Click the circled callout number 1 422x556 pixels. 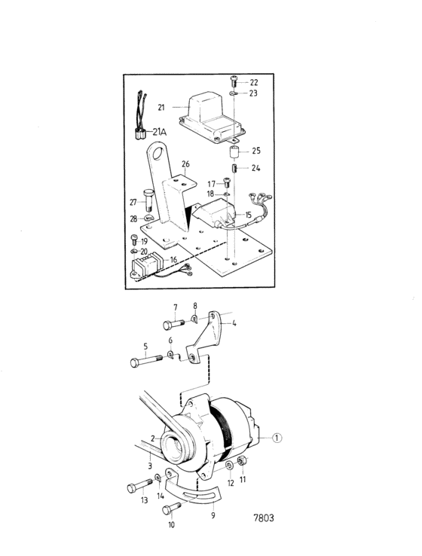click(x=277, y=438)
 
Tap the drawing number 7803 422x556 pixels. click(x=264, y=518)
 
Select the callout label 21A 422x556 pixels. click(x=160, y=132)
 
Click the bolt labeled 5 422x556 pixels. click(x=146, y=361)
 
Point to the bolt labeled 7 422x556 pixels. click(x=173, y=324)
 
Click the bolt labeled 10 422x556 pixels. click(x=172, y=508)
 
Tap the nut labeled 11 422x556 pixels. click(x=242, y=461)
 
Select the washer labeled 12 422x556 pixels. click(x=230, y=466)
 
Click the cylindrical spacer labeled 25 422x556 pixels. click(x=233, y=152)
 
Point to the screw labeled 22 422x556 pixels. click(x=234, y=82)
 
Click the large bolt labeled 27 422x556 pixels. click(x=148, y=200)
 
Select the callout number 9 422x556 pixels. click(x=213, y=515)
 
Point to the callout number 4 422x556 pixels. click(x=234, y=323)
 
